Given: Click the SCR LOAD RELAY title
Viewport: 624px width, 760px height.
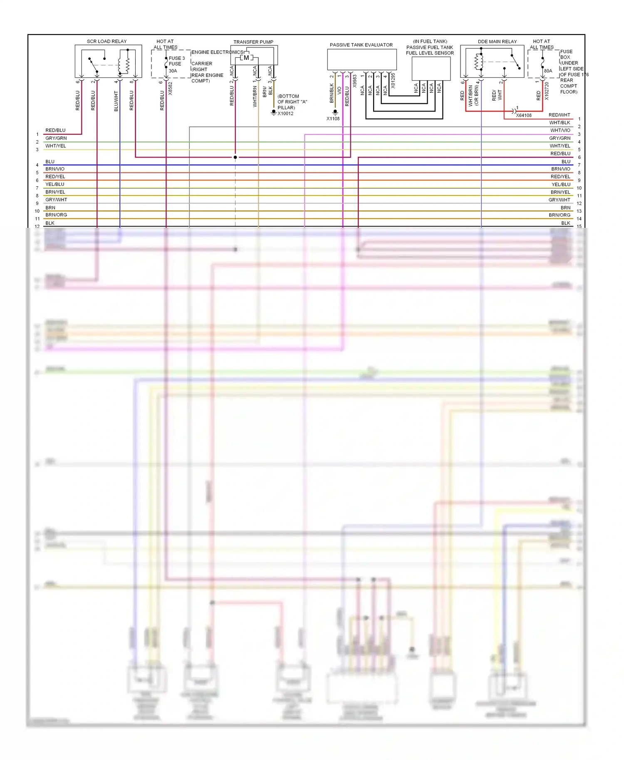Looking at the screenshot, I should pos(106,41).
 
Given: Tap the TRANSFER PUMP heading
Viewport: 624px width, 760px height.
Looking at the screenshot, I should pos(253,42).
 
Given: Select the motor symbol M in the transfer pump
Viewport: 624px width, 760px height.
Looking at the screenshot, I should pos(246,58).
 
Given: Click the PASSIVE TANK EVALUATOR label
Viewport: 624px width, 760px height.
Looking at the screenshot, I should pos(361,45).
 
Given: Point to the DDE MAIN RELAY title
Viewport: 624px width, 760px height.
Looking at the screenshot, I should pos(497,42).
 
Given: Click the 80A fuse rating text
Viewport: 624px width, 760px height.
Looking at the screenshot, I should pos(548,71).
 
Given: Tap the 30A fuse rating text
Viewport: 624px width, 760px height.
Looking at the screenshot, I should pos(173,71).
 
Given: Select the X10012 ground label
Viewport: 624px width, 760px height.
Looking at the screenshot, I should pos(285,114).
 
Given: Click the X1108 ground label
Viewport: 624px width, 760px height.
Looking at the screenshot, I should pos(333,118).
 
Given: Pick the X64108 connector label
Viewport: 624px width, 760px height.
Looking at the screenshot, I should pos(524,115).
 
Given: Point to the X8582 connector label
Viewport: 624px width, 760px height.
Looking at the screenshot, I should pos(170,89).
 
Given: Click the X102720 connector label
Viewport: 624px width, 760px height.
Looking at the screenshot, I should pos(547,91).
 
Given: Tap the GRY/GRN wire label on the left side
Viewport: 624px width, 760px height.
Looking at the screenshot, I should pos(56,138).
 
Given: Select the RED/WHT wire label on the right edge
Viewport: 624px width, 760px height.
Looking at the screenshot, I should pos(559,115).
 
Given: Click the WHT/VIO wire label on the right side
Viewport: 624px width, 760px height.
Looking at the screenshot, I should pos(560,130).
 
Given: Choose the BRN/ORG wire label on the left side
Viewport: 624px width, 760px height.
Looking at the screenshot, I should pos(56,215).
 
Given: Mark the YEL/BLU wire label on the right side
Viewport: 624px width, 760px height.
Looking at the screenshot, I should pos(561,184).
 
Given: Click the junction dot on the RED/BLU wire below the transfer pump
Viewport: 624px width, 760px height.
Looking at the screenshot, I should pos(235,157).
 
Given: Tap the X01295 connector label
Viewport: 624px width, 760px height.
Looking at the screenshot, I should pos(393,81).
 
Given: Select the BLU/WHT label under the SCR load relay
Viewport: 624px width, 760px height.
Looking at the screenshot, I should pos(116,101).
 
